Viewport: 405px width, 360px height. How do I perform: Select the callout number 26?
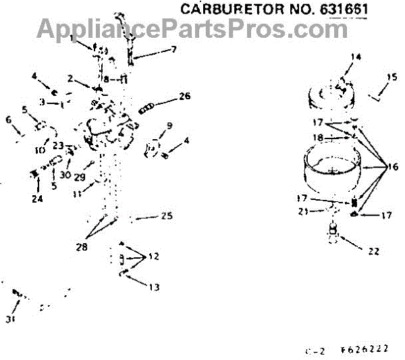[x=185, y=96]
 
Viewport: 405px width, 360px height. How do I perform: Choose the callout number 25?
[x=167, y=216]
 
